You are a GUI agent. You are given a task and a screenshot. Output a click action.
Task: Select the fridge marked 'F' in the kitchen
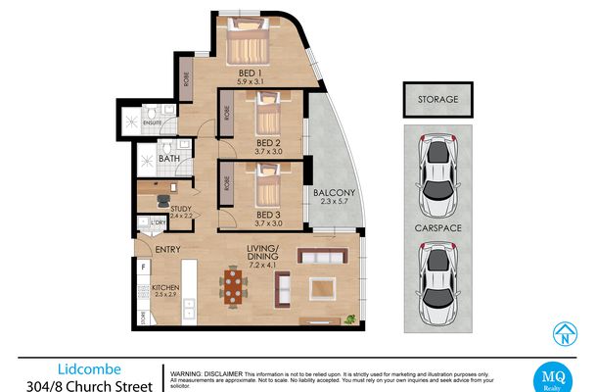144,267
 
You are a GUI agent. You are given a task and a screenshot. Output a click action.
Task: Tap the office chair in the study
163,201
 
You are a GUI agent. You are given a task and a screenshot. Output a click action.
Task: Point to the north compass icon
564,334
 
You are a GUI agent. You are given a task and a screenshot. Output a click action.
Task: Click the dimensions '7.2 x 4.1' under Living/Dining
264,266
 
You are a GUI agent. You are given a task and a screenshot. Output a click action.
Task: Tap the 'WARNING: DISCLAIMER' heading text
206,373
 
